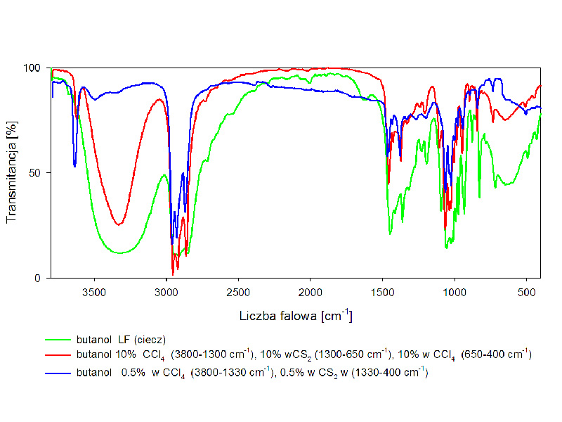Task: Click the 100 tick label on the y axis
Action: click(35, 68)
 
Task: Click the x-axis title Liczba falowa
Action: click(295, 316)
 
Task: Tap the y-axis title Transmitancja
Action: click(12, 173)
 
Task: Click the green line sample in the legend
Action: click(58, 341)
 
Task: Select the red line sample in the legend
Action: click(58, 356)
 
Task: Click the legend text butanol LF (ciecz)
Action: click(120, 341)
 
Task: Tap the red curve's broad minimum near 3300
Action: click(119, 224)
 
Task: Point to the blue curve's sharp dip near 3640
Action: click(74, 166)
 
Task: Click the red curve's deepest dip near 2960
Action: click(173, 273)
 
